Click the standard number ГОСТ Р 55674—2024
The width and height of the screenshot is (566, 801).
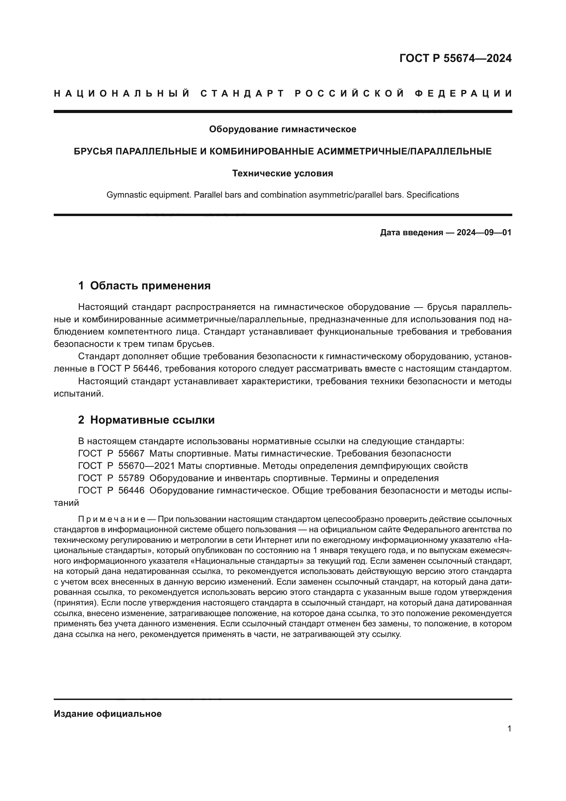(x=455, y=58)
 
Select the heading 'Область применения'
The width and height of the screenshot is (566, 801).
(x=150, y=286)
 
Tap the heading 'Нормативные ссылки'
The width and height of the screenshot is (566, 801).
(x=152, y=420)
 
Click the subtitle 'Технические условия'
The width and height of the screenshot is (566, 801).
(x=283, y=173)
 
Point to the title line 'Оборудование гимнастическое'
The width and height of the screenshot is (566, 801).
(x=283, y=129)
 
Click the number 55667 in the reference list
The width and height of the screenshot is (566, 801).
(x=131, y=453)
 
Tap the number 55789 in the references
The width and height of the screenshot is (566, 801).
(x=131, y=478)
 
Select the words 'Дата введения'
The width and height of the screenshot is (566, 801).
(x=411, y=232)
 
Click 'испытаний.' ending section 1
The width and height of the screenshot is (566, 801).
(x=79, y=394)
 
